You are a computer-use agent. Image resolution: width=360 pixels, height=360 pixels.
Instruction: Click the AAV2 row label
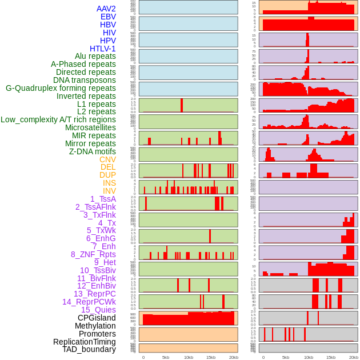coord(106,9)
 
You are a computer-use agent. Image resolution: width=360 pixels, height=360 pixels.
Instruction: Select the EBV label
coord(108,17)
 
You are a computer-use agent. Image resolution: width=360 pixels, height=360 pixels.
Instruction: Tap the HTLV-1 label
coord(103,49)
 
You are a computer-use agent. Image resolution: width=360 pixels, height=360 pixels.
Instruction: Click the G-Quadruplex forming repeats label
coord(61,88)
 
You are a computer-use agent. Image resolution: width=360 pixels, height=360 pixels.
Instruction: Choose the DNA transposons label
coord(85,80)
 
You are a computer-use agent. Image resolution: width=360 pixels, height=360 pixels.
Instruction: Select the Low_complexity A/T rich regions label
coord(58,119)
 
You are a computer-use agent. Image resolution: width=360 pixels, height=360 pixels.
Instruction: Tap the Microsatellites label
coord(90,127)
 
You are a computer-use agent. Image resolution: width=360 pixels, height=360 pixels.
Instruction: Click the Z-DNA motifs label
coord(93,151)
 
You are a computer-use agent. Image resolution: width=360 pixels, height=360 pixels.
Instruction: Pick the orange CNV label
coord(107,159)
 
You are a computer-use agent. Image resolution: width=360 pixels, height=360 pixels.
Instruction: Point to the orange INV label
coord(109,191)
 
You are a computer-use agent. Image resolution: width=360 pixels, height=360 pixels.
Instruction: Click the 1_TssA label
coord(103,199)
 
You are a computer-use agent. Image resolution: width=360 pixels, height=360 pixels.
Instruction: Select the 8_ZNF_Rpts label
coord(93,254)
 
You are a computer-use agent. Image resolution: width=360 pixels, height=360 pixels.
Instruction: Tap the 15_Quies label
coord(98,310)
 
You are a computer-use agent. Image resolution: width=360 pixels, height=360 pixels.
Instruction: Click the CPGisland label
coord(97,318)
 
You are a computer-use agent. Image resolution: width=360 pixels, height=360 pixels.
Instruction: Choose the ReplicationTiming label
coord(84,342)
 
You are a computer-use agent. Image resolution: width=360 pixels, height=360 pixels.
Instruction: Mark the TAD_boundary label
coord(89,349)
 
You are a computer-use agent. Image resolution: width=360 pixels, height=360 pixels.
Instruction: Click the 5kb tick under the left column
coord(166,357)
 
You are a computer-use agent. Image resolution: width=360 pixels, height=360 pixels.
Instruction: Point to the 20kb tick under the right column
coord(354,357)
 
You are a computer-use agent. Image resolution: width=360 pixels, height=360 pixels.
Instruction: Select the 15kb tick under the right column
coord(331,357)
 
